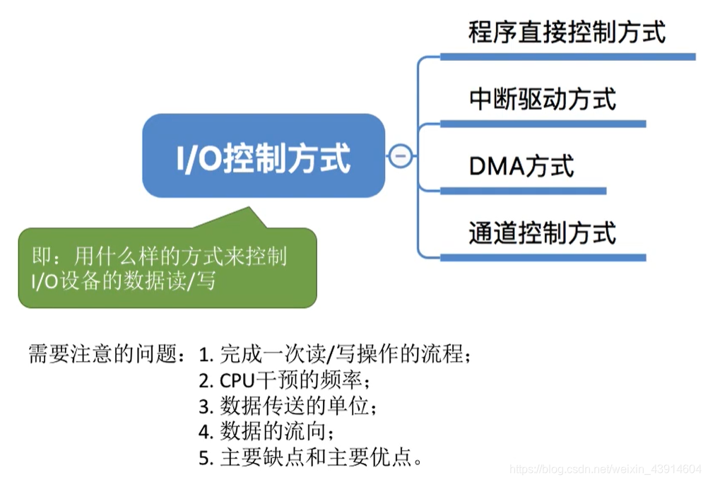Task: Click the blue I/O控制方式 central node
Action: (x=264, y=156)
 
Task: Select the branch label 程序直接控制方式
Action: (x=567, y=33)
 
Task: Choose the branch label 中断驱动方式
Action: (x=542, y=99)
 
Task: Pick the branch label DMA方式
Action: (x=521, y=166)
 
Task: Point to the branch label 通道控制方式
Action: (x=542, y=233)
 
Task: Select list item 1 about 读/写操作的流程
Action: (x=334, y=353)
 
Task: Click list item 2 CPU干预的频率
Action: (x=284, y=380)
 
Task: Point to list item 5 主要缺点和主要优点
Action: (x=311, y=458)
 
